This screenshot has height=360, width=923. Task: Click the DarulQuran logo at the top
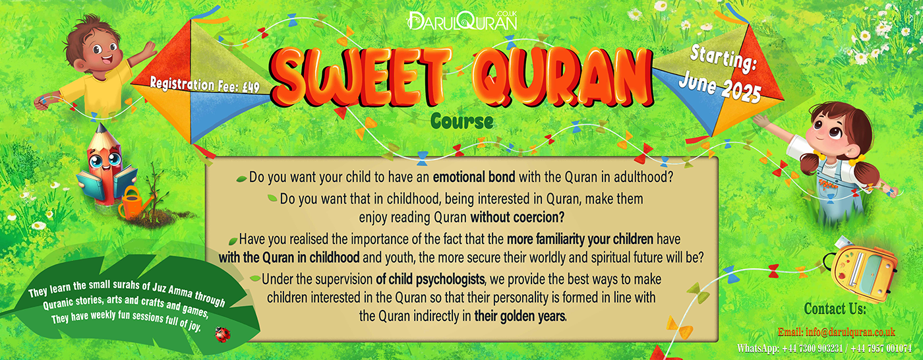click(462, 20)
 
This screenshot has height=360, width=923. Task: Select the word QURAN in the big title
click(563, 76)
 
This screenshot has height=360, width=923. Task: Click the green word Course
click(461, 121)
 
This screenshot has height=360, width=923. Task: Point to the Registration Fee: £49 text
click(204, 84)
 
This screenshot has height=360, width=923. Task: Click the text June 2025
click(719, 87)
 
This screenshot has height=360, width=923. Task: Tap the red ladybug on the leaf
click(223, 334)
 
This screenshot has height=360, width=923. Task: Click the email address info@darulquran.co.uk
click(837, 332)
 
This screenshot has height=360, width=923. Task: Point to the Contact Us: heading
click(835, 309)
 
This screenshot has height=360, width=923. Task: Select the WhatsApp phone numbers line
click(825, 349)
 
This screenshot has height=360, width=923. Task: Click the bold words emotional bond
click(474, 177)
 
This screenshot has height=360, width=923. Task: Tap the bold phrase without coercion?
click(518, 217)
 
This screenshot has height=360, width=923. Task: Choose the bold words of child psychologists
click(430, 280)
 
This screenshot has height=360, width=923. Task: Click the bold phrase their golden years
click(520, 316)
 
